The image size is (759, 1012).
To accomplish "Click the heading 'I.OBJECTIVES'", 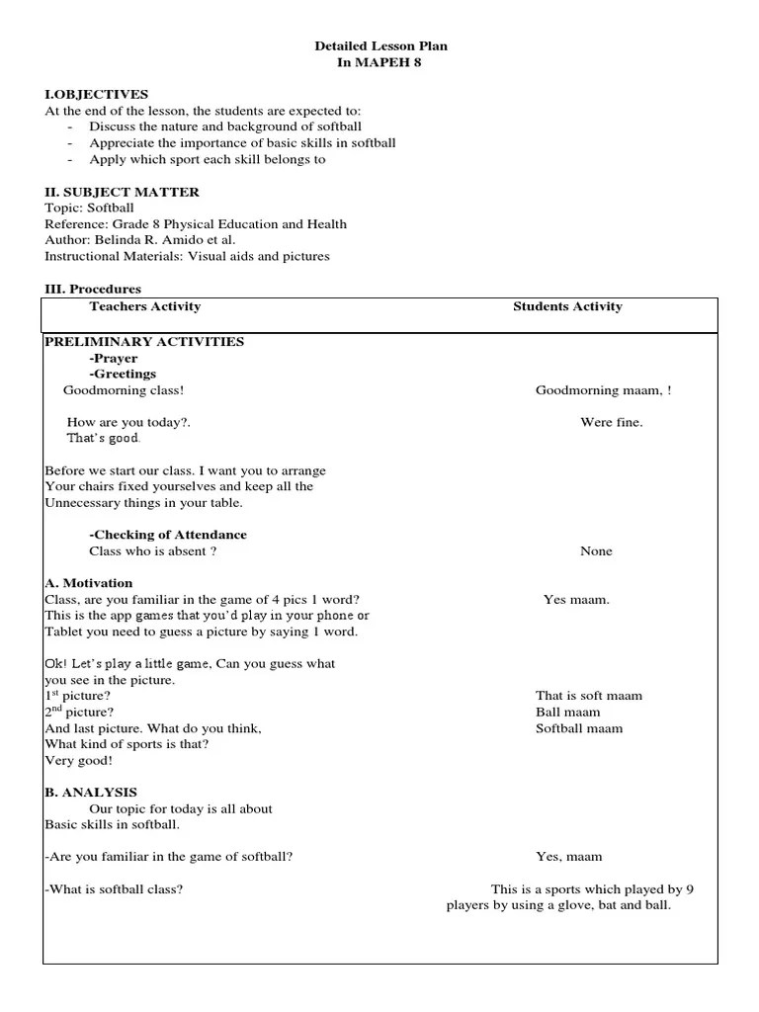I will click(x=96, y=94).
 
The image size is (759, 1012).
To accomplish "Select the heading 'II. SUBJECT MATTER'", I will click(x=122, y=192).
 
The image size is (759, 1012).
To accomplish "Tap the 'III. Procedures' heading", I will click(x=93, y=289).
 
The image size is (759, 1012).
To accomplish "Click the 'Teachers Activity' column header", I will click(x=144, y=306).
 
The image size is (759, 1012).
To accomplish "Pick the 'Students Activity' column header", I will click(x=567, y=306).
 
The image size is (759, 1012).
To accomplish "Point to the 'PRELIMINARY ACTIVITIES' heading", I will click(x=144, y=342).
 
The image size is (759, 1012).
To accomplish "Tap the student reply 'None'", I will click(x=596, y=550).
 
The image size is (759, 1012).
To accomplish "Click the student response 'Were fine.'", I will click(x=611, y=422).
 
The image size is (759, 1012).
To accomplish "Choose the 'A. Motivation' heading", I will click(x=89, y=583).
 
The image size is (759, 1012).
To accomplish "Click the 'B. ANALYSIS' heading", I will click(x=91, y=792).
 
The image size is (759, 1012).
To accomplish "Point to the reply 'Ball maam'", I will click(x=567, y=712).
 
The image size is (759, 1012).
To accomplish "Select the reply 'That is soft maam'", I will click(x=588, y=696).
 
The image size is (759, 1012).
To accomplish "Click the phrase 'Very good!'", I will click(x=79, y=761).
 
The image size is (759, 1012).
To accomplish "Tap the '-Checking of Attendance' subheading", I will click(x=168, y=535).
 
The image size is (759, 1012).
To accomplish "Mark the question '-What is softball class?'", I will click(x=114, y=888).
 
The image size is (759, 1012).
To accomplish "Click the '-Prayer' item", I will click(x=113, y=358).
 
